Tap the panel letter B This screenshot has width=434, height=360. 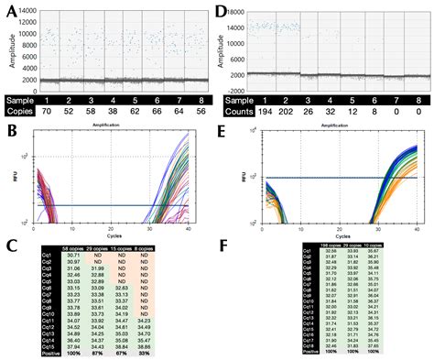coord(10,132)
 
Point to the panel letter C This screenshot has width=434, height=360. coord(10,245)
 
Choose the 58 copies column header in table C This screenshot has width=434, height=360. coord(74,247)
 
